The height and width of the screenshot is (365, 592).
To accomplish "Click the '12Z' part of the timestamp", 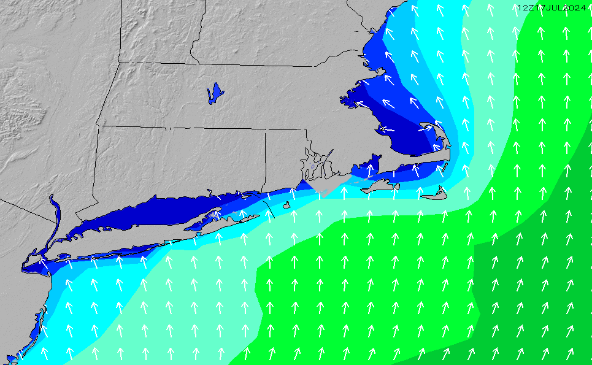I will (x=526, y=7).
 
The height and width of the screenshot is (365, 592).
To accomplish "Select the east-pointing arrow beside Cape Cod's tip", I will (x=425, y=128).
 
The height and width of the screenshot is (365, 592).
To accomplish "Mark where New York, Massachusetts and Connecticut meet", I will (x=97, y=126).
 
